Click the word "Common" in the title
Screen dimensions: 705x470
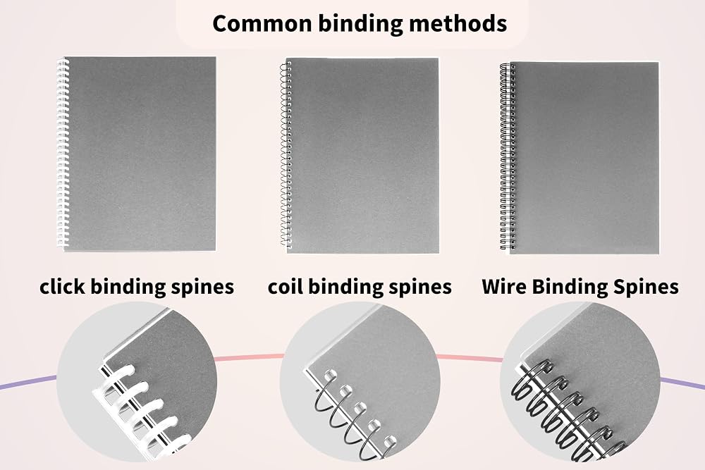[x=263, y=23]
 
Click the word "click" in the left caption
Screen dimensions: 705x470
[x=63, y=287]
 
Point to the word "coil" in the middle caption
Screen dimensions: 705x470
[x=286, y=287]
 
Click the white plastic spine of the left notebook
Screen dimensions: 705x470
[x=63, y=153]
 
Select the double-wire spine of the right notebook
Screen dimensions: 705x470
[x=508, y=156]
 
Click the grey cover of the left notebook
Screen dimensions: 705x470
[x=140, y=154]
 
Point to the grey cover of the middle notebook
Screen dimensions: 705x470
[x=362, y=156]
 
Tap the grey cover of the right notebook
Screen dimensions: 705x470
[x=584, y=158]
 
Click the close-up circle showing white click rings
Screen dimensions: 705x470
[x=137, y=382]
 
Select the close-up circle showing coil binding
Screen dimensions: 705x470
[x=360, y=382]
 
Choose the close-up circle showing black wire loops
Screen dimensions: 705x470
[x=580, y=382]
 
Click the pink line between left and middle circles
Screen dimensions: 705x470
[x=249, y=357]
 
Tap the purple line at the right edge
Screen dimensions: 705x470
[x=682, y=383]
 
